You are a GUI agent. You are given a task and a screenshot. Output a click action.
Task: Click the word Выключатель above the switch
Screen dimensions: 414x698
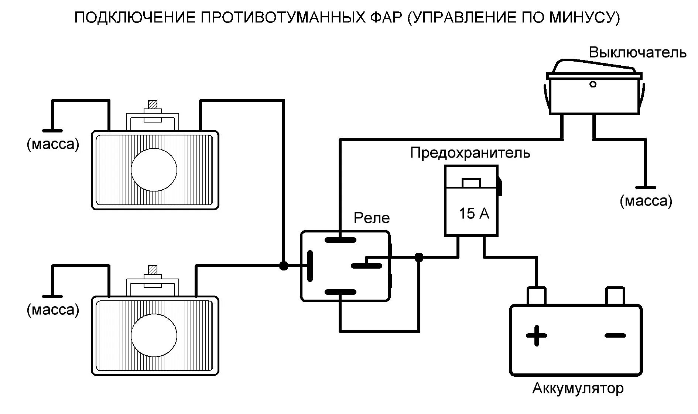click(637, 52)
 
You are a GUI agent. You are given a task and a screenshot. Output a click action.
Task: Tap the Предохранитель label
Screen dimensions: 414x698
click(470, 152)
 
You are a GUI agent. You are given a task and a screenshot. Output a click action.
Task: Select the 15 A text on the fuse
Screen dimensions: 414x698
click(473, 213)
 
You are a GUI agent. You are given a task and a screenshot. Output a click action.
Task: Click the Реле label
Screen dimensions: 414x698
click(372, 218)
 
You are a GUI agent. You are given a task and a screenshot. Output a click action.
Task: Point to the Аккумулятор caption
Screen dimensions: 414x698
click(578, 388)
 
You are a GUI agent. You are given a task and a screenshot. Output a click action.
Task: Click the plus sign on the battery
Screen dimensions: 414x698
click(536, 335)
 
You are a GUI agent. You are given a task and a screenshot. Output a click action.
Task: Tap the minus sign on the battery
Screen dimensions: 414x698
click(615, 335)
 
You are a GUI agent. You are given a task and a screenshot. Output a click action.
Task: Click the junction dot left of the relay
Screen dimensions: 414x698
click(283, 266)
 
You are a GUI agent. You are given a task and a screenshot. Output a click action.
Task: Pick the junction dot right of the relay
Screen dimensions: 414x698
click(419, 257)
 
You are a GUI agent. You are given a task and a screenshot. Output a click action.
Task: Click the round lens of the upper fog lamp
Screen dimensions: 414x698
click(154, 170)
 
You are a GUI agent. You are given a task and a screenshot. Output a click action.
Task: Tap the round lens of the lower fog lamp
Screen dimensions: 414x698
click(154, 335)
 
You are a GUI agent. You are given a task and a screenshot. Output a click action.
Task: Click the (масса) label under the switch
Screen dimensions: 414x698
click(646, 201)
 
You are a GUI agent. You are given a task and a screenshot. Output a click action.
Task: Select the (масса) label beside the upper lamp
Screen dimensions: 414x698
click(53, 144)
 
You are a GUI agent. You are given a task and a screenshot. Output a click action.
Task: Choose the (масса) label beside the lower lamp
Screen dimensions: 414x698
click(53, 310)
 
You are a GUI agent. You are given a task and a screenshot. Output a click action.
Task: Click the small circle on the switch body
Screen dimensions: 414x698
click(593, 84)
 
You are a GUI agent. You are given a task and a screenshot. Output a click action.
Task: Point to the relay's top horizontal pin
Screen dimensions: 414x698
click(340, 240)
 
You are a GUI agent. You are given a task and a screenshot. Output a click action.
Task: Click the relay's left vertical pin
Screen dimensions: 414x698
click(310, 266)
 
